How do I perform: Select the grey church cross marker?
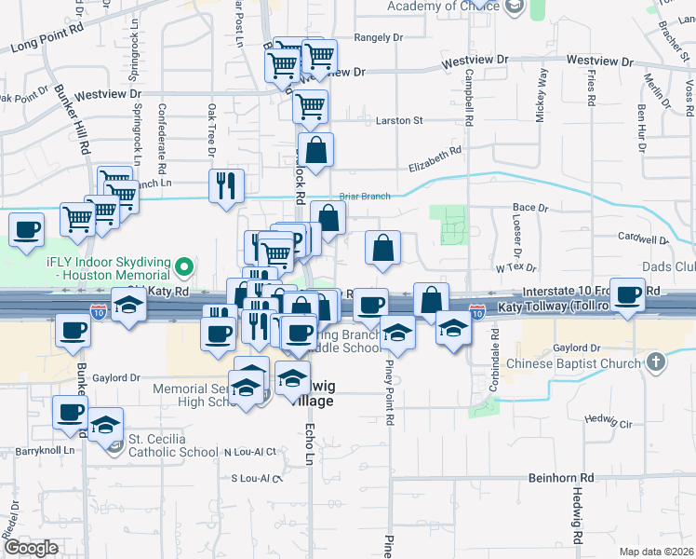656,362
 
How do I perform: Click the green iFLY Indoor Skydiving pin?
184,268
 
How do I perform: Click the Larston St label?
399,120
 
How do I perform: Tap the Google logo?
31,548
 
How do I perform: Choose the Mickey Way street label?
542,89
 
